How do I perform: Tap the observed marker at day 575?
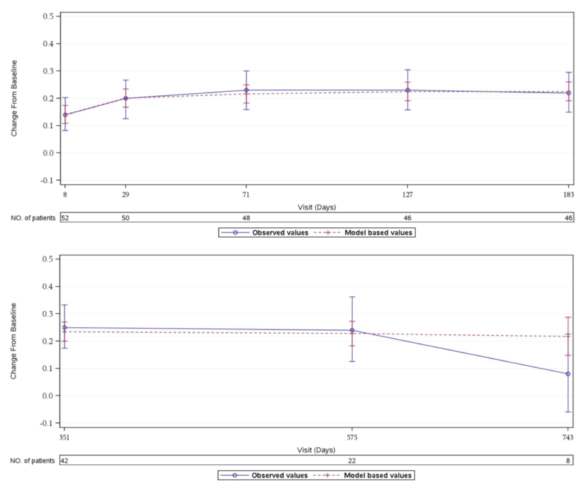pyautogui.click(x=352, y=330)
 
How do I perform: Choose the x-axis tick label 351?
pyautogui.click(x=64, y=437)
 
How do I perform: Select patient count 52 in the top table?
pyautogui.click(x=65, y=218)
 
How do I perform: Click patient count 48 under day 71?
pyautogui.click(x=246, y=218)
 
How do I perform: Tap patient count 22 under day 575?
pyautogui.click(x=352, y=461)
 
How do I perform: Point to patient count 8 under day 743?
pyautogui.click(x=568, y=461)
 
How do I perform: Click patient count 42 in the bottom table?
pyautogui.click(x=64, y=461)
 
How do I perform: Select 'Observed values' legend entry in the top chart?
pyautogui.click(x=280, y=233)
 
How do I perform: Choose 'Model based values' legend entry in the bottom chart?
pyautogui.click(x=377, y=476)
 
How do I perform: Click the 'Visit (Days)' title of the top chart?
pyautogui.click(x=317, y=207)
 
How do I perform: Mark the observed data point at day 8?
pyautogui.click(x=65, y=115)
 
